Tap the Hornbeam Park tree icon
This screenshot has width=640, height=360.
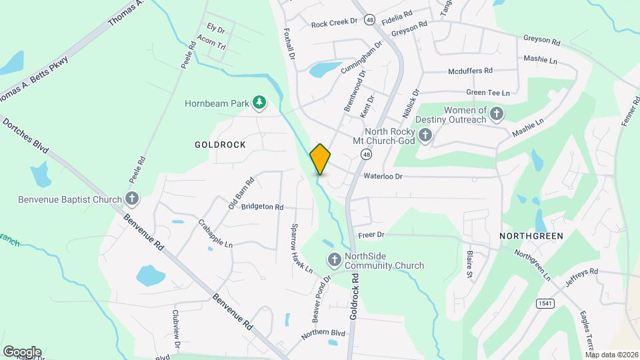(x=259, y=103)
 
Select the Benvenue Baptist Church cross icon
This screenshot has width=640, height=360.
(x=132, y=199)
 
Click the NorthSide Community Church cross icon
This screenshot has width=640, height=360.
(x=333, y=259)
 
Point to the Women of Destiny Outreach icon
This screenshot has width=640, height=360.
(x=495, y=115)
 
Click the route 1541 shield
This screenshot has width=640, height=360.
(x=544, y=303)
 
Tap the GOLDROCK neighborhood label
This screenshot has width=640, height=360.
(x=220, y=145)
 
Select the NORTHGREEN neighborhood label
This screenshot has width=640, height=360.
(x=531, y=236)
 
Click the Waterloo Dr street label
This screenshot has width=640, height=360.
(x=383, y=177)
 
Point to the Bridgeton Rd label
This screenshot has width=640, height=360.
(x=262, y=207)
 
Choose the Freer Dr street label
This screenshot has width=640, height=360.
(x=372, y=235)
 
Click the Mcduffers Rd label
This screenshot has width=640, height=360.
(x=470, y=70)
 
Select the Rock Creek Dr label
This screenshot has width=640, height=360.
(x=335, y=23)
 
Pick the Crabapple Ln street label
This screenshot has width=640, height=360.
(x=215, y=234)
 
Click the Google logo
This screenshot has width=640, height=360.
(x=22, y=351)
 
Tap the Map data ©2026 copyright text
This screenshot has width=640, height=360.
(x=611, y=355)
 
